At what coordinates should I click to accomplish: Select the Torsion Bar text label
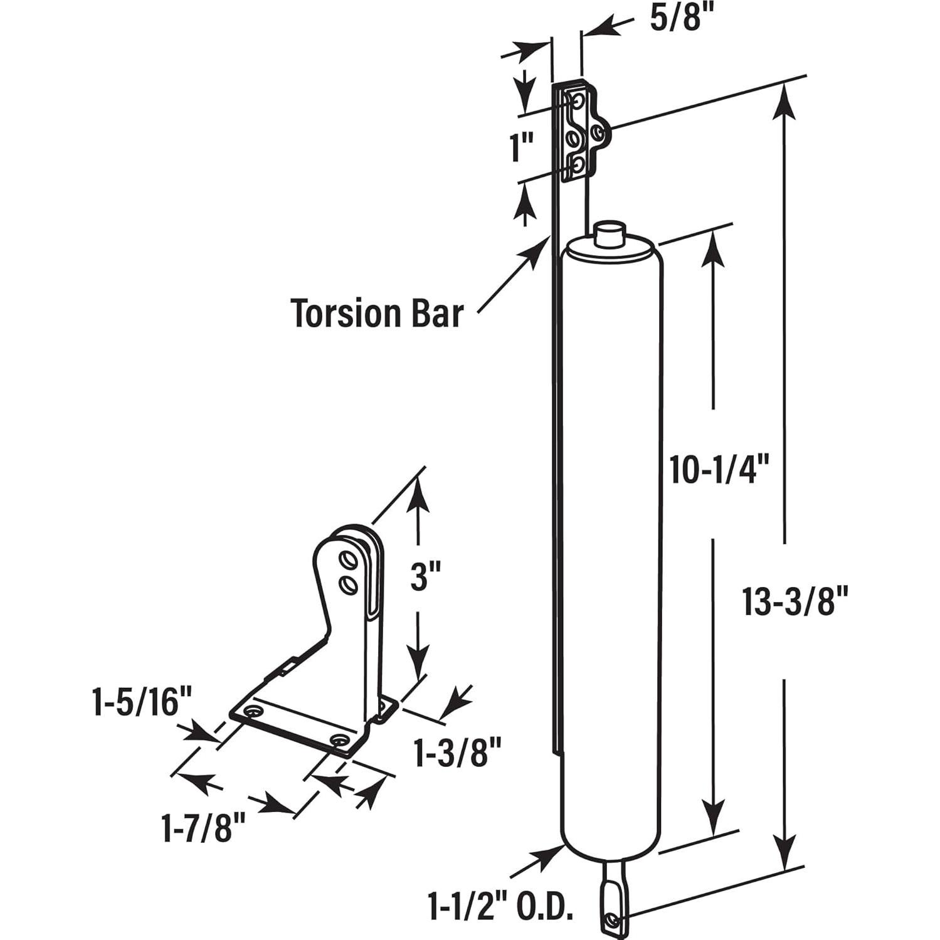(x=377, y=313)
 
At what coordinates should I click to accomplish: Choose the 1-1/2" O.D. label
(x=500, y=906)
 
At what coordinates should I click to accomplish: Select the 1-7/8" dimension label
(x=203, y=828)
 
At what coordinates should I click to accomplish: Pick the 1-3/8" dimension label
(x=458, y=753)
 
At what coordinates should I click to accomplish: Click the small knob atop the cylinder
(x=610, y=235)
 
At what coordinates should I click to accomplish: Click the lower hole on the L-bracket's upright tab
(x=346, y=584)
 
